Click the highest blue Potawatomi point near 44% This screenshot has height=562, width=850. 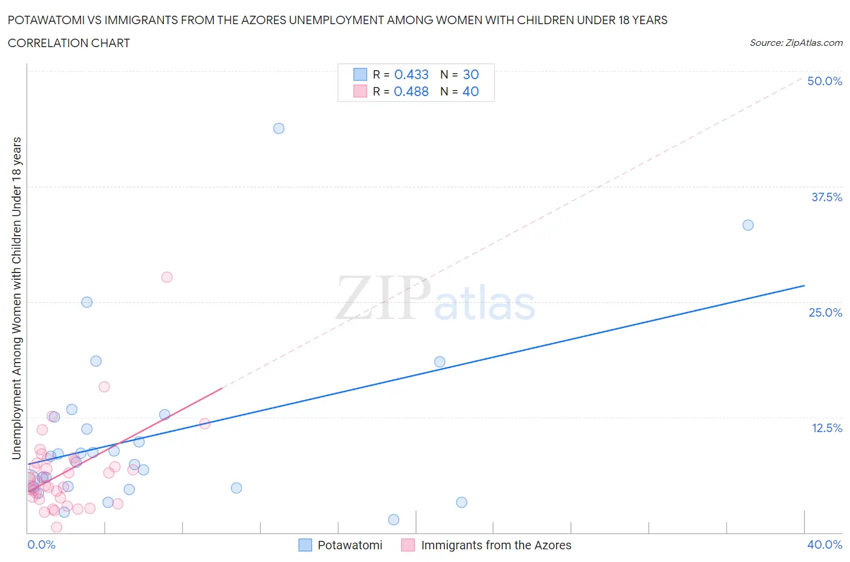[279, 128]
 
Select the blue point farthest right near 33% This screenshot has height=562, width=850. [748, 225]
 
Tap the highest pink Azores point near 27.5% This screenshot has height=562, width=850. [167, 277]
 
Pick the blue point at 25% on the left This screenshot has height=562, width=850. [87, 302]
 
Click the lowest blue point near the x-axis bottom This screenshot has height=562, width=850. [394, 520]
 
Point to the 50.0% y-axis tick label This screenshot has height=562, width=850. [825, 81]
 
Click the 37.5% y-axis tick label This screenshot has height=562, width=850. [826, 197]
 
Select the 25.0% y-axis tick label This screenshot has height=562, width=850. [825, 312]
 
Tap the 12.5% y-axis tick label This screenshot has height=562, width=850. [826, 428]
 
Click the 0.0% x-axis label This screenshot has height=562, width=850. [42, 544]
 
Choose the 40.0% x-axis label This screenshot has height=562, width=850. [825, 544]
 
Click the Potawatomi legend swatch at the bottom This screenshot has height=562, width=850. [305, 545]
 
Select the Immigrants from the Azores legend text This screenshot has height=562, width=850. [496, 545]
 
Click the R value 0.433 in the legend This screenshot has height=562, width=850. [411, 74]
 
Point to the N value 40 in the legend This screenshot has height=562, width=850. [470, 91]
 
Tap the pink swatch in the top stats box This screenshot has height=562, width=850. [360, 91]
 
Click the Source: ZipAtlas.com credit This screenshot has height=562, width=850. [796, 42]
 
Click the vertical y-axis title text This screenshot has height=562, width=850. [16, 298]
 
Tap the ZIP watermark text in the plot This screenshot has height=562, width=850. [383, 298]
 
